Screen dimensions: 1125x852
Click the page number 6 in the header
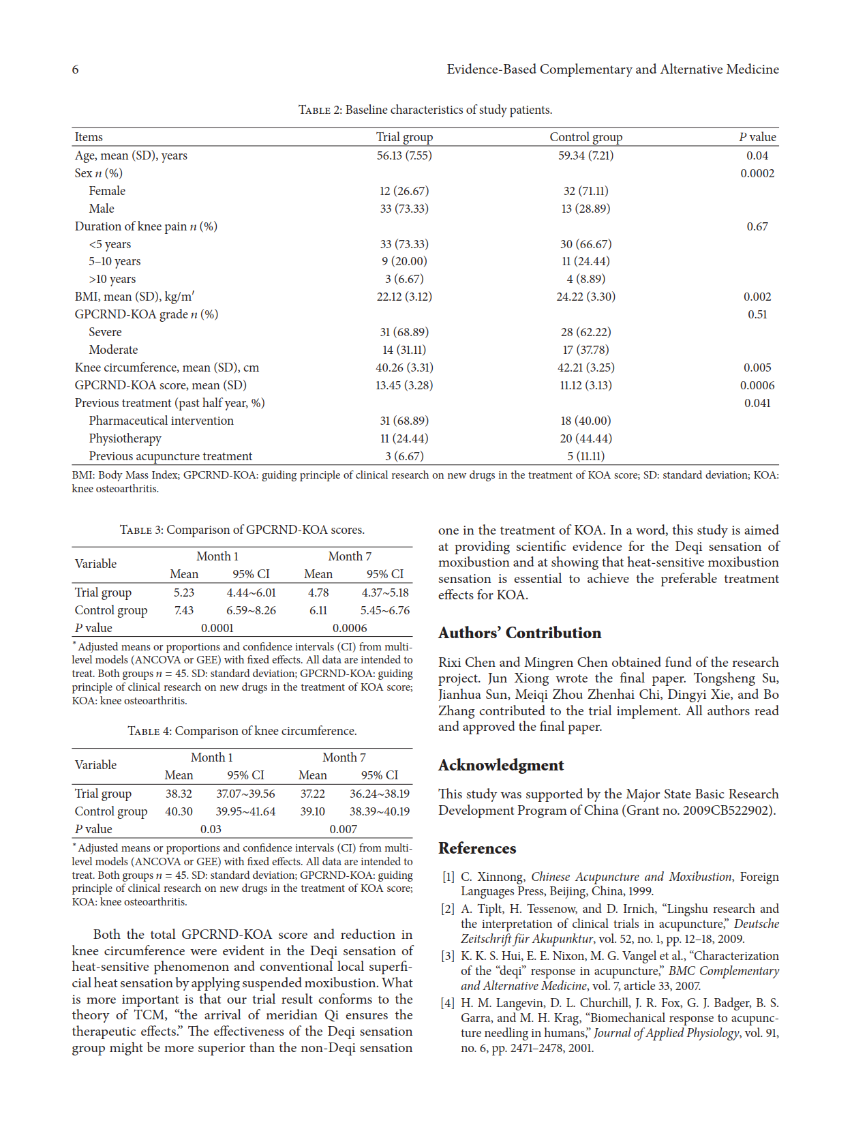pos(75,70)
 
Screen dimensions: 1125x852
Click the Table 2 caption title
pos(425,110)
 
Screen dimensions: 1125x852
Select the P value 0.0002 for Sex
pos(757,173)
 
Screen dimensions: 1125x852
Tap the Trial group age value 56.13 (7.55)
pos(404,155)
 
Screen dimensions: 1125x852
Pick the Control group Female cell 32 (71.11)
pos(585,191)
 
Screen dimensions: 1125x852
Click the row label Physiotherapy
pos(125,438)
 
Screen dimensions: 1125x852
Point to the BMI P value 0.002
pos(757,297)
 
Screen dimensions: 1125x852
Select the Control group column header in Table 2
pos(585,137)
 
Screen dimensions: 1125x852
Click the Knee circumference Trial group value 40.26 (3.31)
pos(404,367)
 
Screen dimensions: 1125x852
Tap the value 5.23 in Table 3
pos(184,592)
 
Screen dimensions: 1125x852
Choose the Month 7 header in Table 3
pos(350,556)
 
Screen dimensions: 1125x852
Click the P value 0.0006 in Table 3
pos(350,628)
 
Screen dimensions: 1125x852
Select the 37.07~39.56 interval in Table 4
pos(245,794)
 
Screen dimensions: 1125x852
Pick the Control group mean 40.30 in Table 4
pos(179,811)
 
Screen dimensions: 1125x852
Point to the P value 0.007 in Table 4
pos(343,829)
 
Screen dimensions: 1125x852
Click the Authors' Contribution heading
pos(519,633)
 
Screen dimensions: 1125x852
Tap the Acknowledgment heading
pos(501,765)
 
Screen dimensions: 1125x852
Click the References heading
pos(477,848)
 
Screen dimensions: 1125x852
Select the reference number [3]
pos(448,956)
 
